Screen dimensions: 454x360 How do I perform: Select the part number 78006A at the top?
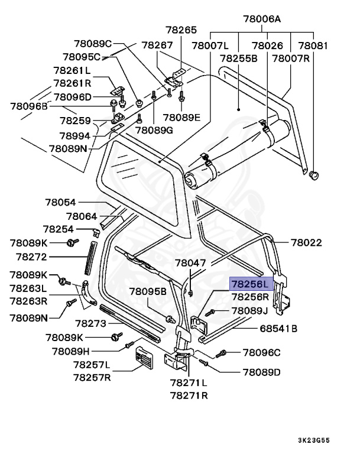[261, 19]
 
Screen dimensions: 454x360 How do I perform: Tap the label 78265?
[180, 30]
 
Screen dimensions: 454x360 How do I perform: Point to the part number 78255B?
[238, 59]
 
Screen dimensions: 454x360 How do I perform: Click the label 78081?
[313, 45]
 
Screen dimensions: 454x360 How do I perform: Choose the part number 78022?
[306, 242]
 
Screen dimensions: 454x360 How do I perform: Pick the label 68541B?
[278, 328]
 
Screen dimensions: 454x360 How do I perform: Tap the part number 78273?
[90, 323]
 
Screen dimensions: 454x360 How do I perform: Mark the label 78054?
[62, 203]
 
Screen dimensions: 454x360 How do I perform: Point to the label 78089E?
[182, 117]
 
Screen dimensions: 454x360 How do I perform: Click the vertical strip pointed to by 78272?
[90, 257]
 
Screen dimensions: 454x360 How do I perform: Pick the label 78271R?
[189, 395]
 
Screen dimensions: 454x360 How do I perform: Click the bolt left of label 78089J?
[211, 312]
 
